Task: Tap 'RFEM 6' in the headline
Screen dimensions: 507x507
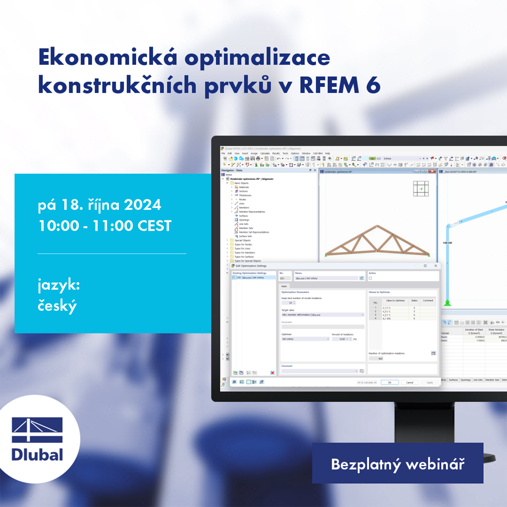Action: pyautogui.click(x=341, y=86)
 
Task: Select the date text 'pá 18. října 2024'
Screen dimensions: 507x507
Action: pyautogui.click(x=100, y=204)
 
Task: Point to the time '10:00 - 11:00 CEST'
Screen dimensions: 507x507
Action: pyautogui.click(x=104, y=226)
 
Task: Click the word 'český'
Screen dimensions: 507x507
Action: pyautogui.click(x=57, y=306)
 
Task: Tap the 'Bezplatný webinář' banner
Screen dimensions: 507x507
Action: pyautogui.click(x=397, y=464)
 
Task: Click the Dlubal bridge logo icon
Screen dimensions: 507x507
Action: pyautogui.click(x=38, y=430)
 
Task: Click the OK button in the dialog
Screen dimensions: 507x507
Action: pyautogui.click(x=390, y=382)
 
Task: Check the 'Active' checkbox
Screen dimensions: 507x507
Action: pyautogui.click(x=370, y=278)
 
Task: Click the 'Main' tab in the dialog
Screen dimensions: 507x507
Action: pyautogui.click(x=284, y=286)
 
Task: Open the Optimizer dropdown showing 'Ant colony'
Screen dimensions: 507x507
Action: pyautogui.click(x=304, y=339)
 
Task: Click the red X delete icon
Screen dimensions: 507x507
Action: pyautogui.click(x=272, y=372)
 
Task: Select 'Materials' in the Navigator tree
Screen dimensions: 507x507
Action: pyautogui.click(x=244, y=187)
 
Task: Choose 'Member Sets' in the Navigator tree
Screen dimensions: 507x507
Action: pyautogui.click(x=247, y=228)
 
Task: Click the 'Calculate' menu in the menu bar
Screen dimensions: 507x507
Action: pyautogui.click(x=265, y=153)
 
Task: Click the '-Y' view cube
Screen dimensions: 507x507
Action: pyautogui.click(x=421, y=189)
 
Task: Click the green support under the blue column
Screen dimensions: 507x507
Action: pyautogui.click(x=448, y=303)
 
